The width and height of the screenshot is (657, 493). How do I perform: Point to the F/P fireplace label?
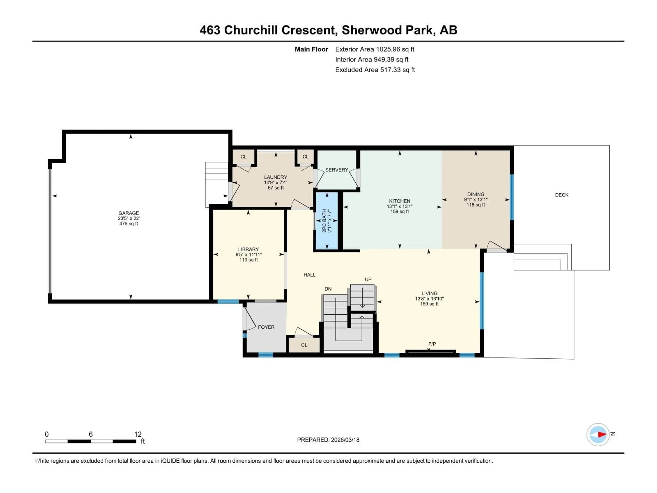(432, 344)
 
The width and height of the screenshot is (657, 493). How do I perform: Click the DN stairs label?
(328, 289)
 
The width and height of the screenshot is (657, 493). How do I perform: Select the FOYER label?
(266, 327)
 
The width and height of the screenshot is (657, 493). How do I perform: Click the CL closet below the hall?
(304, 345)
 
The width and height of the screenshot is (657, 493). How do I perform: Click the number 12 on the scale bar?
(138, 434)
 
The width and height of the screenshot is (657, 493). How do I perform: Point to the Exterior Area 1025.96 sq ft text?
(375, 49)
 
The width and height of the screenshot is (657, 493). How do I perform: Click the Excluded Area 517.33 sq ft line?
(375, 70)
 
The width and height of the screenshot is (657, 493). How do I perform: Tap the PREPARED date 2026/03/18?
(328, 440)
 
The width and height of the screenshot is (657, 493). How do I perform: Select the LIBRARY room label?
(248, 249)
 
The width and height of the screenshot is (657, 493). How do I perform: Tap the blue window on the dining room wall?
(512, 197)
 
